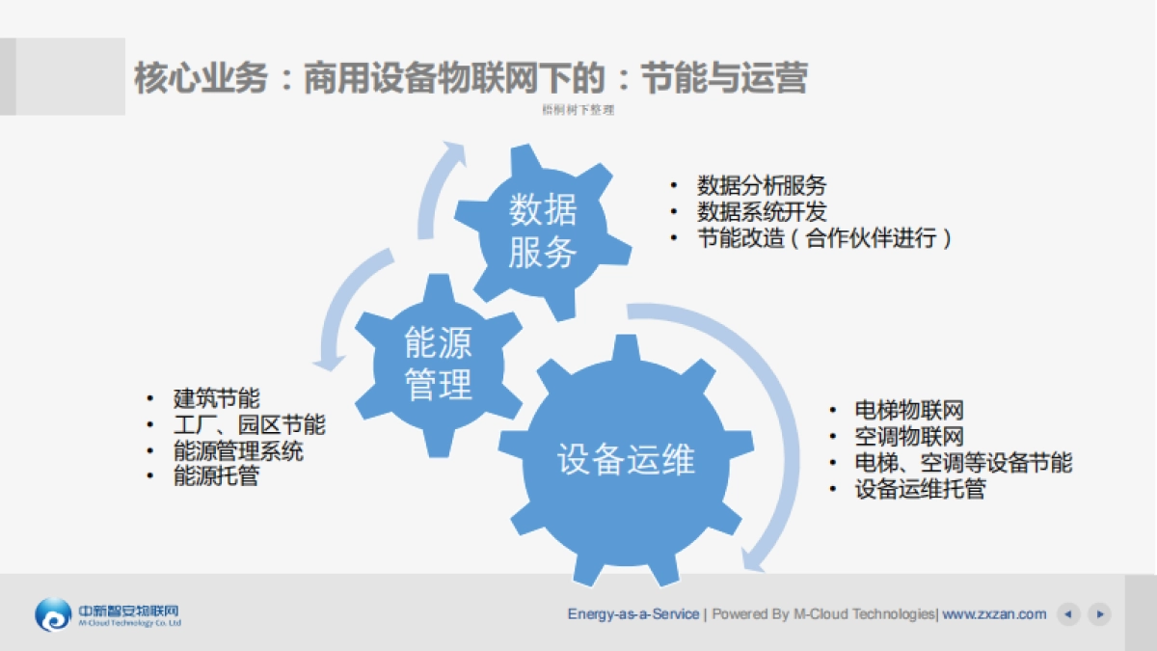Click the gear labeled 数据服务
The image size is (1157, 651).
(x=543, y=231)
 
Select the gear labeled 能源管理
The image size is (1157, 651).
(x=439, y=364)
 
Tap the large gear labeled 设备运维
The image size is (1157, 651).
(x=626, y=460)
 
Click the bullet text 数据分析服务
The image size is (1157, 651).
(x=761, y=185)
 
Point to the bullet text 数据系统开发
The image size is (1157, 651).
(x=761, y=211)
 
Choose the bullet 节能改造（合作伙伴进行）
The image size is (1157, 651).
(x=823, y=238)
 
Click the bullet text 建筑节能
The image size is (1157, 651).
(x=216, y=398)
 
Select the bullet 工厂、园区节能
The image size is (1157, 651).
(x=249, y=424)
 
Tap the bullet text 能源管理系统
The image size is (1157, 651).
(x=238, y=450)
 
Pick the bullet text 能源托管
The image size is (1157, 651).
(x=216, y=476)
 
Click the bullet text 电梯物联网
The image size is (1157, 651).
(x=909, y=411)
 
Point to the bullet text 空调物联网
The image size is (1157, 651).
(x=909, y=437)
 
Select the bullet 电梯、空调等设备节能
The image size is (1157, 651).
(x=963, y=463)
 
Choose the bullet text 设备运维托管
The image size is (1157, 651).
(x=920, y=490)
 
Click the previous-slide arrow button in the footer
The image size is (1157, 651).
(x=1067, y=614)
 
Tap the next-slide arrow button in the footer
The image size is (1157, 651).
(x=1099, y=614)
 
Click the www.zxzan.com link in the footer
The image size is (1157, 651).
(x=994, y=614)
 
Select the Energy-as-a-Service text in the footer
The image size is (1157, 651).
(x=633, y=614)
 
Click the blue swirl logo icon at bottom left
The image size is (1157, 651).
(x=53, y=614)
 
